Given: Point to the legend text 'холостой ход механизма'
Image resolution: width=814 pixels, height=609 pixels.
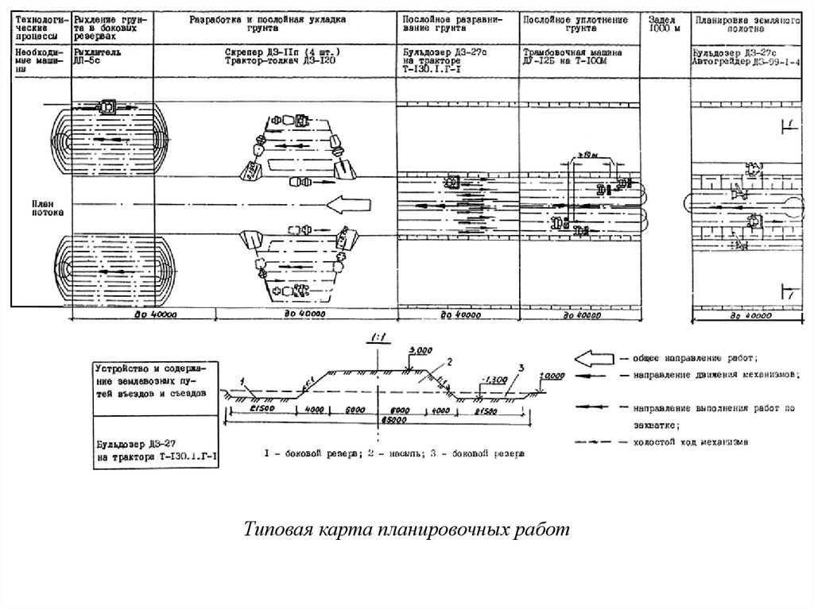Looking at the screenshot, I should [x=689, y=441].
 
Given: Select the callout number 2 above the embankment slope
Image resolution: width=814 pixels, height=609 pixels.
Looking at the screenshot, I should [x=448, y=362].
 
